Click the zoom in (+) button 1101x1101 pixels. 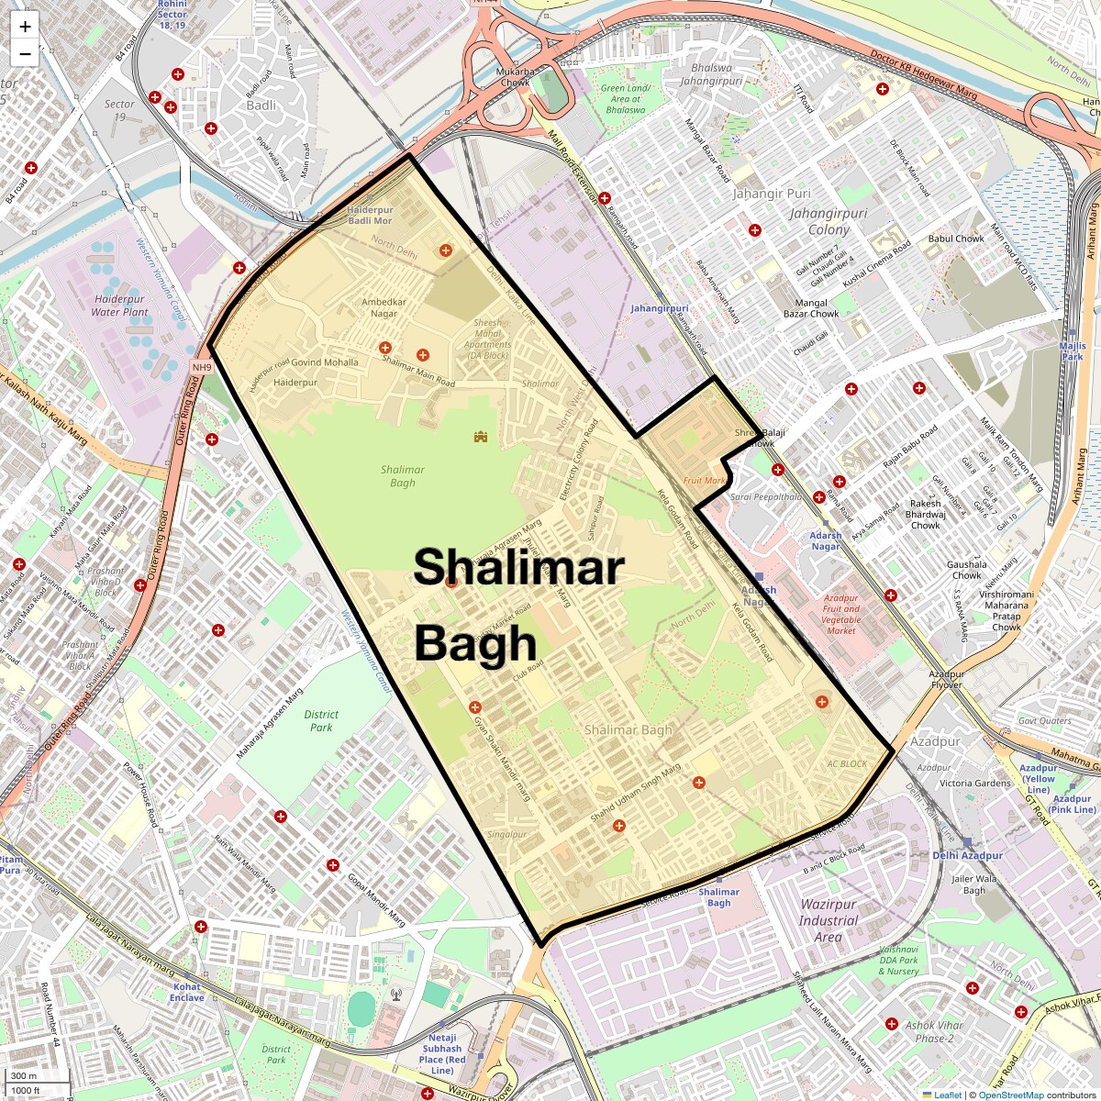pos(25,27)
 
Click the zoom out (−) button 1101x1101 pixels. pos(25,54)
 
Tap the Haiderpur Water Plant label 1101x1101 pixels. pos(119,306)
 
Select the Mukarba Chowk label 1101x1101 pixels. pos(514,77)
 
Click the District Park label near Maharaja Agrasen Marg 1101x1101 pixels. pos(321,721)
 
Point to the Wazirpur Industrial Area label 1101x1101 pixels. pos(828,920)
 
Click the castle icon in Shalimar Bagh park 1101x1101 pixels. pos(480,437)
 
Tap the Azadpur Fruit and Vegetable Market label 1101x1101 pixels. pos(841,614)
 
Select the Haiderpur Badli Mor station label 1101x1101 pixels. pos(370,216)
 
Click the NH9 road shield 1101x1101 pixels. pos(202,368)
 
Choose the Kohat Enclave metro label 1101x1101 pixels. pos(186,992)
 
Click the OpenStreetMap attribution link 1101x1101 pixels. pos(1010,1095)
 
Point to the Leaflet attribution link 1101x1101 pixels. pos(948,1095)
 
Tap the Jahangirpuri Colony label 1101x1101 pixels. pos(829,221)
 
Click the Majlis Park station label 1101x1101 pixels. pos(1073,351)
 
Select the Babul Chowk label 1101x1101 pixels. pos(956,239)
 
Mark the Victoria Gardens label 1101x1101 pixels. pos(974,784)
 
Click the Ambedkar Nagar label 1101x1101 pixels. pos(384,307)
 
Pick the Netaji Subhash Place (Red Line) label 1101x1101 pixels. pos(442,1053)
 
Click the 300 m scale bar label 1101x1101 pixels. pos(25,1075)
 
